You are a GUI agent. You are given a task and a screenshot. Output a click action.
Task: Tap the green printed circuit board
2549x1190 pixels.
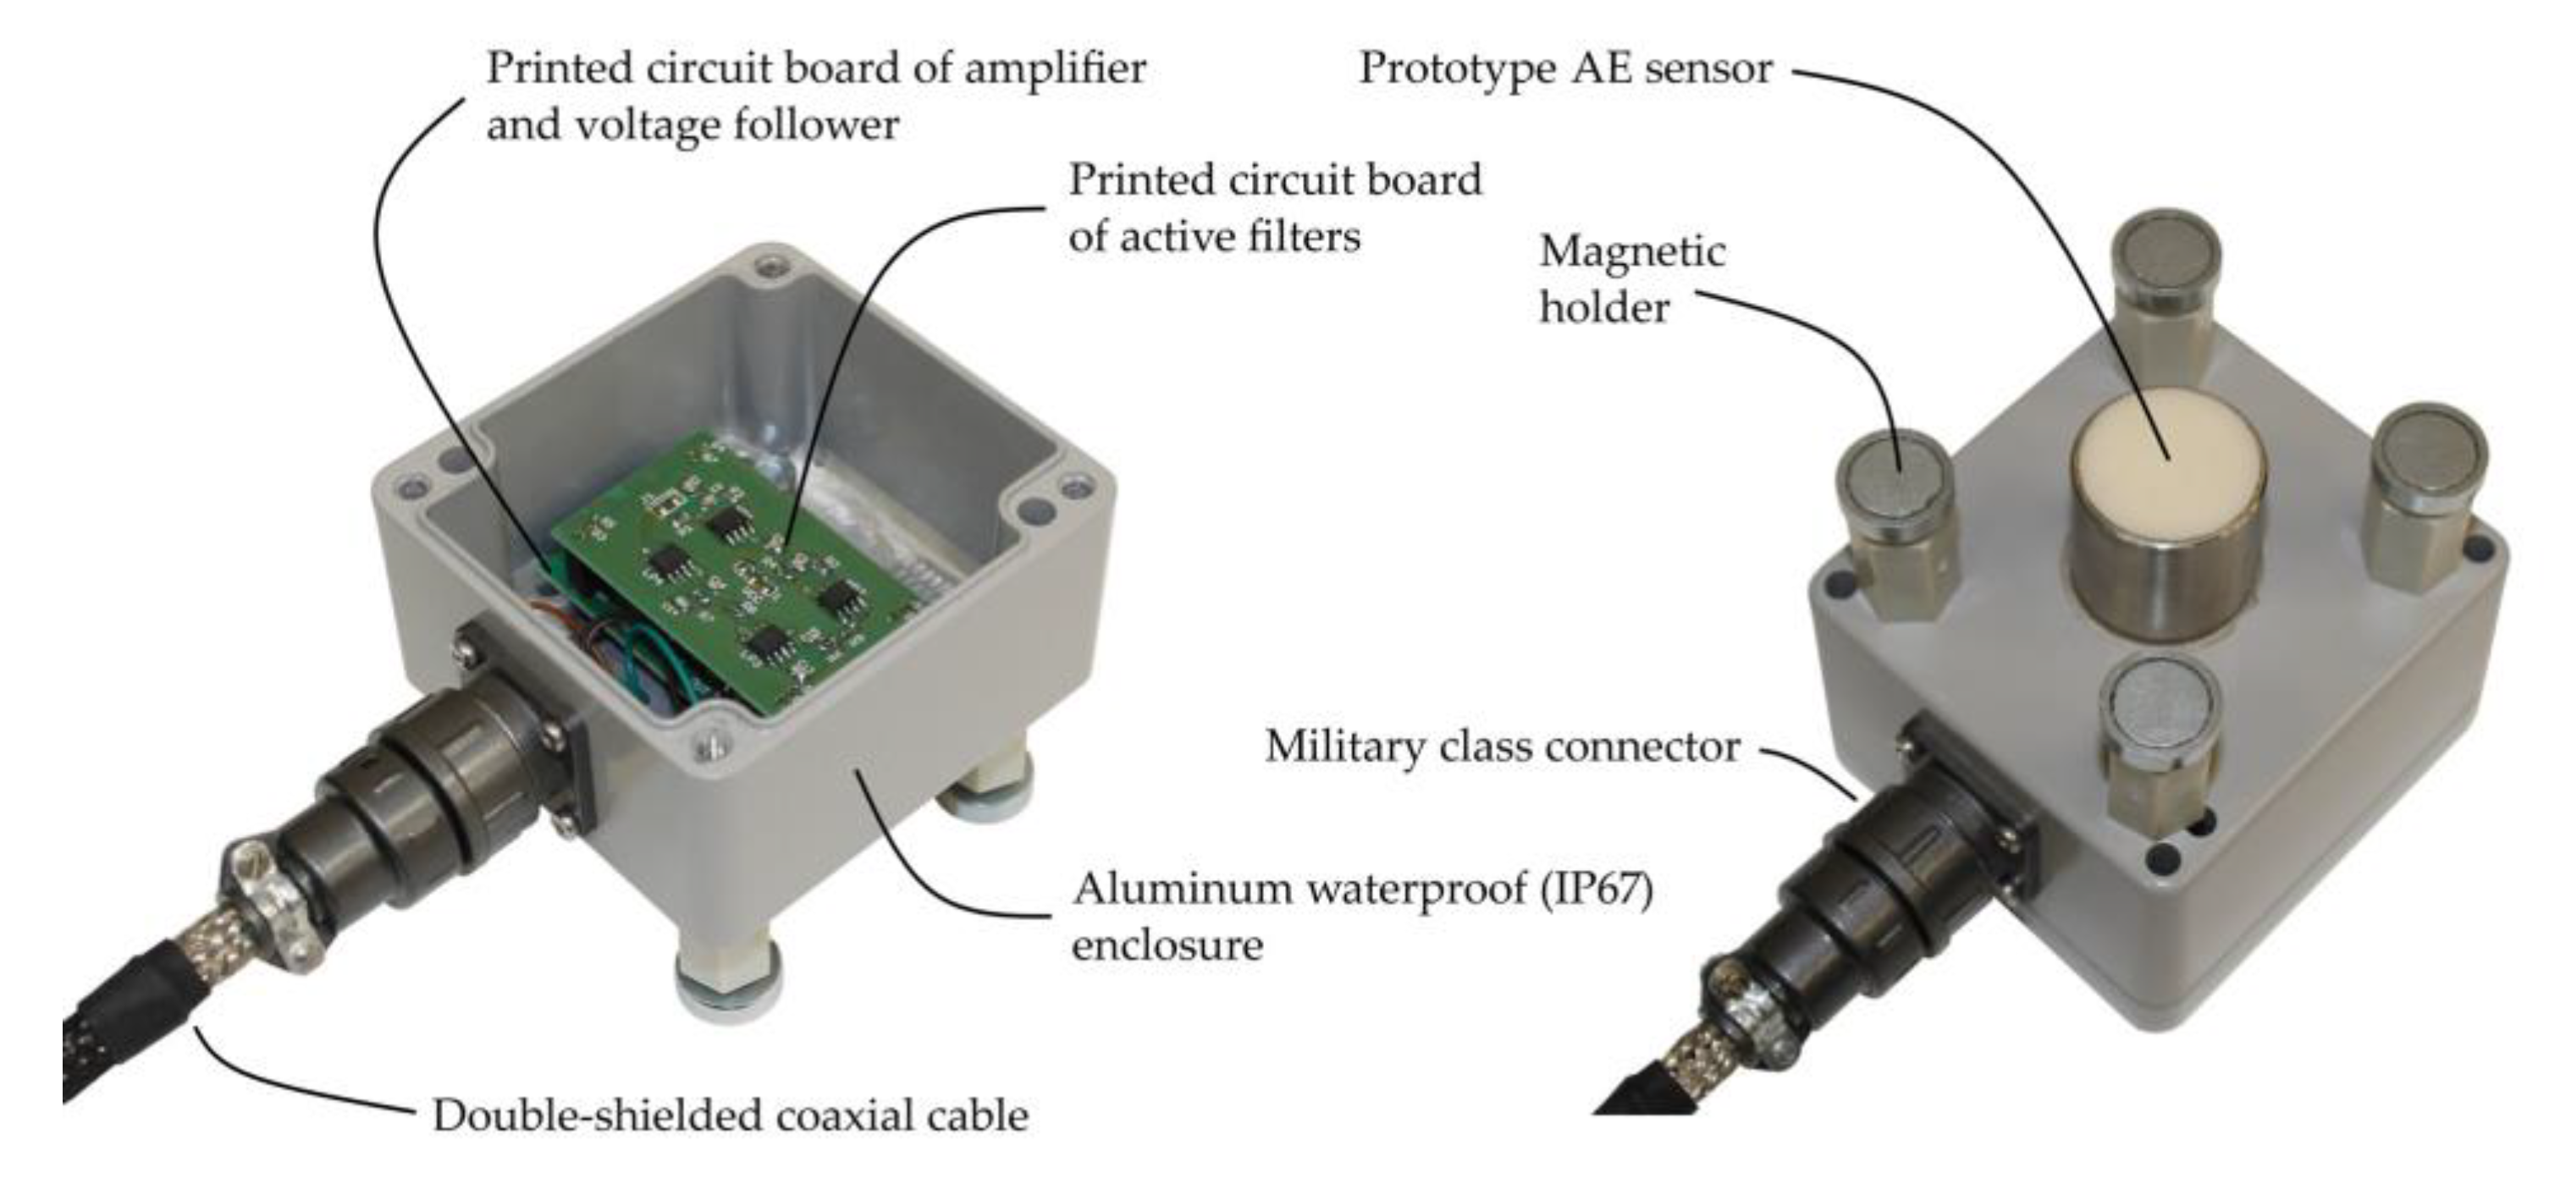point(732,584)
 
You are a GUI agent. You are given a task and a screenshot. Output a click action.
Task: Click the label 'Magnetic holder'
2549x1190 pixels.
point(1630,279)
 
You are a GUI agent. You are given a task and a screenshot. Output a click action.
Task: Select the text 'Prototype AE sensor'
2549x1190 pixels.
point(1564,69)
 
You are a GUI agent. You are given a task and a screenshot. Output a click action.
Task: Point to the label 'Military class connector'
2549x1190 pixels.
point(1501,747)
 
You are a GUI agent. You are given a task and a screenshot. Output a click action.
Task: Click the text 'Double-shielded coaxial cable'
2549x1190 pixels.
point(731,1116)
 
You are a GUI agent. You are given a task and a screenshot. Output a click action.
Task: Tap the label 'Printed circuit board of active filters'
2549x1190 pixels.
point(1275,207)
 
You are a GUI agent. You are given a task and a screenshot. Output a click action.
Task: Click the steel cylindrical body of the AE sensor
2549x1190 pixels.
point(2167,574)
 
